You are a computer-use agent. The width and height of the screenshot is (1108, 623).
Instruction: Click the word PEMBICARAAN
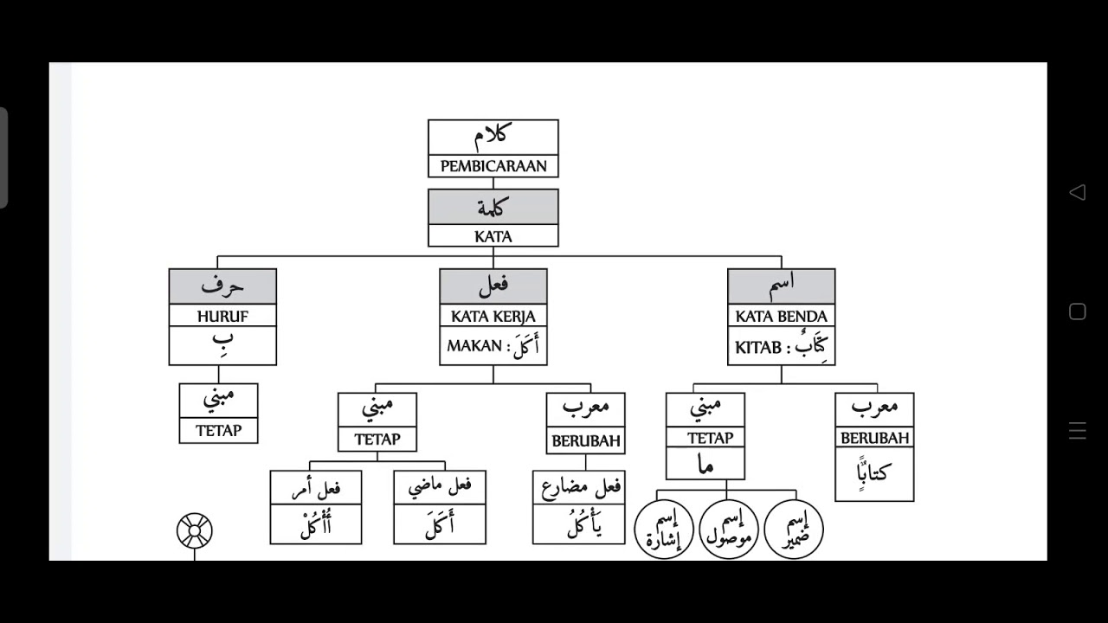pyautogui.click(x=493, y=166)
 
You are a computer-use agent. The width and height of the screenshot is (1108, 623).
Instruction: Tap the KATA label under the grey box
pyautogui.click(x=493, y=237)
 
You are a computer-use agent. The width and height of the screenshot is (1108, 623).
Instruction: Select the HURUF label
pyautogui.click(x=222, y=317)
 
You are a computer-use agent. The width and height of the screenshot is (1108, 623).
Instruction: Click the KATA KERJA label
pyautogui.click(x=493, y=317)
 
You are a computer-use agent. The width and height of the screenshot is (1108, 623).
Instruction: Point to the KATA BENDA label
pyautogui.click(x=781, y=317)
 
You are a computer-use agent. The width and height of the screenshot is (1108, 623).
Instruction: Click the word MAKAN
pyautogui.click(x=474, y=345)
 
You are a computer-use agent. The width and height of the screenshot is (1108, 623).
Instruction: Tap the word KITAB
pyautogui.click(x=758, y=348)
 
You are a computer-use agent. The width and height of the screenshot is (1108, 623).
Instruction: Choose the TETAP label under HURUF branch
pyautogui.click(x=219, y=431)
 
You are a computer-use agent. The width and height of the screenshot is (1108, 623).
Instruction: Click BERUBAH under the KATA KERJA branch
pyautogui.click(x=586, y=440)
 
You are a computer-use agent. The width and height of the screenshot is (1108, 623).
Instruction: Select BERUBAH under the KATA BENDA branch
pyautogui.click(x=874, y=438)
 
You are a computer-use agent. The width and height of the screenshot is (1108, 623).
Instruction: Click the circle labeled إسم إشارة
pyautogui.click(x=664, y=530)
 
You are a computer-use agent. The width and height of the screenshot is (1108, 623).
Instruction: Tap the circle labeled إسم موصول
pyautogui.click(x=729, y=530)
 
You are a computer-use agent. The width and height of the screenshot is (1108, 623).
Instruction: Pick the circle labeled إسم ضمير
pyautogui.click(x=794, y=530)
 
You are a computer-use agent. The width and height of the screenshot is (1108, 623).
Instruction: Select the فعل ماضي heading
pyautogui.click(x=440, y=487)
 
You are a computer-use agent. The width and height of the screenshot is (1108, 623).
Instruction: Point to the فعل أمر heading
pyautogui.click(x=316, y=488)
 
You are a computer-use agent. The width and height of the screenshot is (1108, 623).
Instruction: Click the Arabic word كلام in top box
pyautogui.click(x=493, y=137)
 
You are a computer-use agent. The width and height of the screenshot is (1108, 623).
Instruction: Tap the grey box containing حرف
pyautogui.click(x=222, y=286)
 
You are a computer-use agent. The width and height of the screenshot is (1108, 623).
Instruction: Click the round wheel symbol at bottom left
pyautogui.click(x=195, y=530)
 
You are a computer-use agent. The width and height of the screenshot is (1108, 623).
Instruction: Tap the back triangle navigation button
pyautogui.click(x=1078, y=192)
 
